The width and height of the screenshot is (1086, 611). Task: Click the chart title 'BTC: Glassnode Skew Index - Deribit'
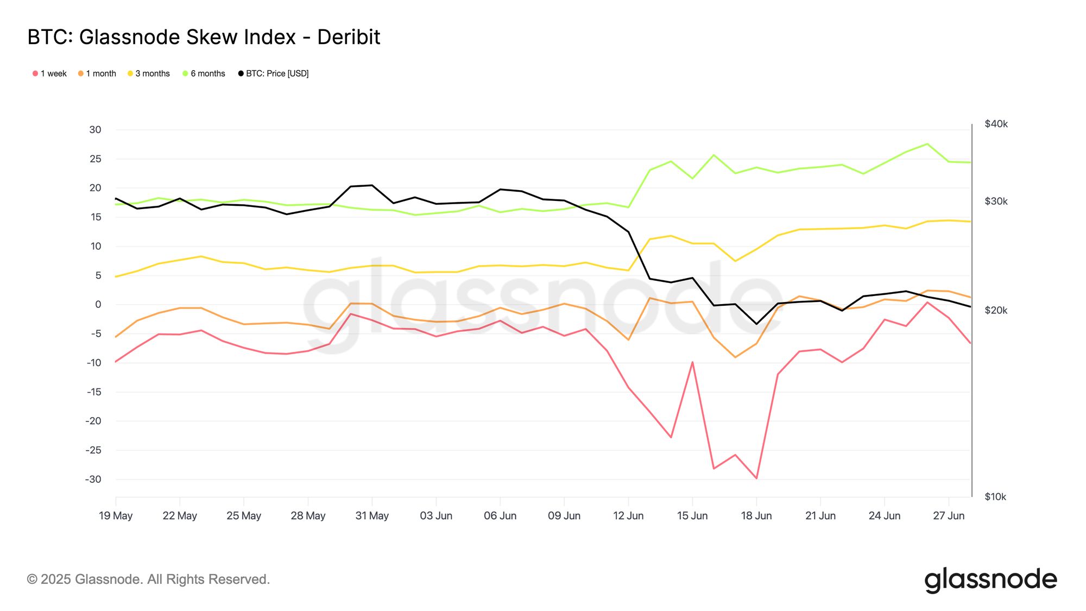pos(204,37)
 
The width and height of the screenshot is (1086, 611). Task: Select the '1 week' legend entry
pos(49,73)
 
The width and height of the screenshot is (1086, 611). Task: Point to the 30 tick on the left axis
pos(95,130)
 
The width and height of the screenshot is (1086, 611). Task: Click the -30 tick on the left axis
pos(93,479)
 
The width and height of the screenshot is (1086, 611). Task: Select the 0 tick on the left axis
pos(98,305)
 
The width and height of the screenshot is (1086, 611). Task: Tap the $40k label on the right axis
pos(996,124)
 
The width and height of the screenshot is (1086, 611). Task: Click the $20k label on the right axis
pos(996,310)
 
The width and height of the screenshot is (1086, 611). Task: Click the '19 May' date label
pos(116,515)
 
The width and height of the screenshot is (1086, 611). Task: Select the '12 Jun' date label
pos(628,515)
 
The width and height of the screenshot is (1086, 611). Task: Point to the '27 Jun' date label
pos(949,515)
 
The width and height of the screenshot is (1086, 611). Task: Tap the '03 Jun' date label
pos(436,515)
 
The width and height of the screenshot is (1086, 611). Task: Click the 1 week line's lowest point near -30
pos(756,478)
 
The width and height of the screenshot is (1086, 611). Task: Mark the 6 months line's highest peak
pos(927,144)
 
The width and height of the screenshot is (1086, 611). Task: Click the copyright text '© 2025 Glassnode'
pos(148,579)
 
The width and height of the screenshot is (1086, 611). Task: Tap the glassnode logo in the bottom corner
pos(990,580)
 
